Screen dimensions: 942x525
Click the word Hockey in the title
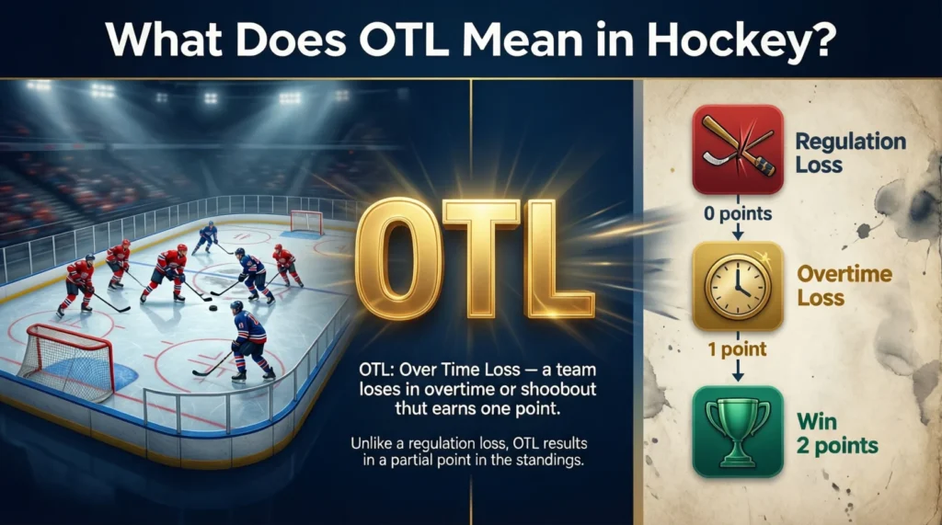[x=741, y=40]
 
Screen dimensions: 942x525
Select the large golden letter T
[x=480, y=258]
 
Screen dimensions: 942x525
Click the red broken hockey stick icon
[x=738, y=150]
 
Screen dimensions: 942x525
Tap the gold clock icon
[x=738, y=287]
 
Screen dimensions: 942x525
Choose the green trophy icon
[x=738, y=431]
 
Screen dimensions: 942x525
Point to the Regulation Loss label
[x=850, y=153]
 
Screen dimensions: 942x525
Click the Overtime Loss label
[x=844, y=285]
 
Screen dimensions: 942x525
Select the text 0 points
[x=738, y=213]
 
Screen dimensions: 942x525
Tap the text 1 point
[x=737, y=349]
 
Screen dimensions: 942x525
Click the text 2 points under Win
[x=837, y=446]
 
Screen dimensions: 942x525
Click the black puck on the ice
[x=213, y=308]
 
